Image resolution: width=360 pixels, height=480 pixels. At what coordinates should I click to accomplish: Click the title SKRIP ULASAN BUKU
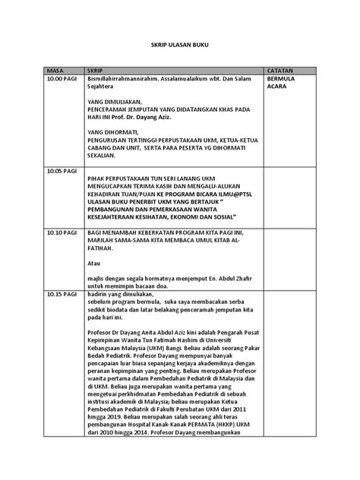click(x=180, y=46)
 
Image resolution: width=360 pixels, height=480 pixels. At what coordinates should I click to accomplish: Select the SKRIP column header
click(x=96, y=68)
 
